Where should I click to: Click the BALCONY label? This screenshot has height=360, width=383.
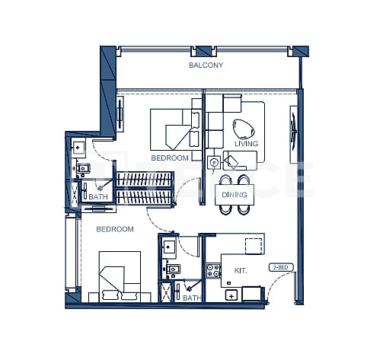click(206, 66)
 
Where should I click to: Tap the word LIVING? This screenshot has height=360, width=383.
click(245, 144)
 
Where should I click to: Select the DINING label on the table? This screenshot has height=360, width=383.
click(234, 195)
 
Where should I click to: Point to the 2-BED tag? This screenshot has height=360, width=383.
click(281, 267)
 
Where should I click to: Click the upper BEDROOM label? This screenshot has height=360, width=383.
click(169, 158)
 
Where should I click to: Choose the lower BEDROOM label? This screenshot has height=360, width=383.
click(114, 228)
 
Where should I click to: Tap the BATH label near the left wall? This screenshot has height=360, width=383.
click(98, 197)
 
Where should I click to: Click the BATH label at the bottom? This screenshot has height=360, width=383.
click(190, 298)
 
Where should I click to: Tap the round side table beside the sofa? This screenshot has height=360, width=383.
click(215, 161)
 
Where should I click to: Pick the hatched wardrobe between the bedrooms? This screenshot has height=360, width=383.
click(156, 187)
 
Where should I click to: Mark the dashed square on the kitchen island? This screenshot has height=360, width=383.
click(254, 244)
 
